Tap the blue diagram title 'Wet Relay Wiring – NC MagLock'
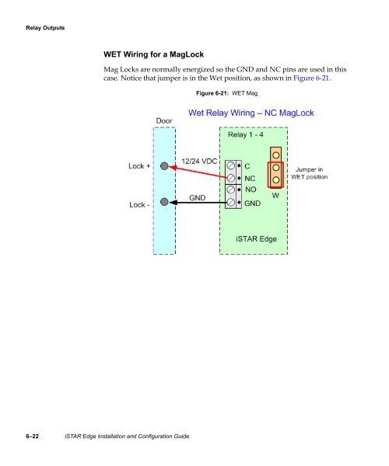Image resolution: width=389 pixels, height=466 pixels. click(251, 113)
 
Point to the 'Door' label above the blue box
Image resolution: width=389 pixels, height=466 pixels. click(164, 121)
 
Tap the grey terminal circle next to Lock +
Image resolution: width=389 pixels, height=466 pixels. click(165, 166)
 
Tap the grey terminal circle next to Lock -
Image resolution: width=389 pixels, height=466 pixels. click(165, 203)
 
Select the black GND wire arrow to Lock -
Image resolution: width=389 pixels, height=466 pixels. click(194, 203)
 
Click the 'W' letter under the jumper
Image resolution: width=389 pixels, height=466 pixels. click(275, 196)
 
